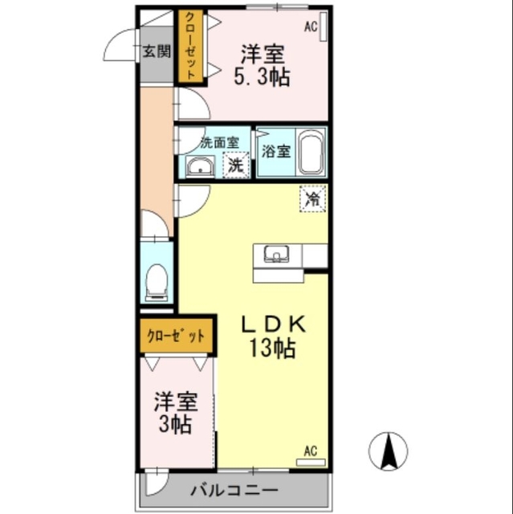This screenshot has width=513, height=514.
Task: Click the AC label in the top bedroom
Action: click(311, 27)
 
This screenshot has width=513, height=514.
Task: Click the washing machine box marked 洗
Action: click(234, 165)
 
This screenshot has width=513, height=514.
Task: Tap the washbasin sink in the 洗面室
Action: click(200, 167)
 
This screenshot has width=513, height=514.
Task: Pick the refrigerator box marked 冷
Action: click(314, 198)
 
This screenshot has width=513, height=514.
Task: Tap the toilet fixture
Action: click(157, 283)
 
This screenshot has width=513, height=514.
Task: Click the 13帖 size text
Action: click(272, 349)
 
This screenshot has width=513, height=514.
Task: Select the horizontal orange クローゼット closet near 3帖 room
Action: click(176, 337)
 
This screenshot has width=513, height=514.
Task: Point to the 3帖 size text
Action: click(176, 425)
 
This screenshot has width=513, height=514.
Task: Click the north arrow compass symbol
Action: click(390, 451)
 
